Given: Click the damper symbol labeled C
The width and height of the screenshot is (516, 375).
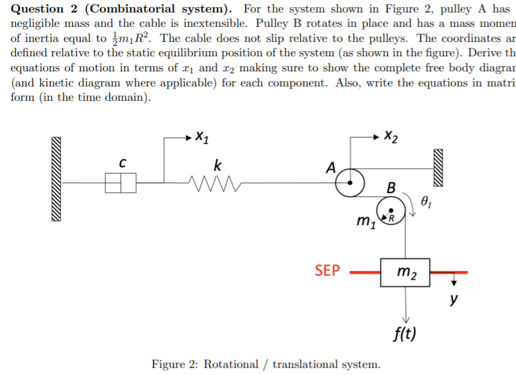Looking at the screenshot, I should (x=121, y=183).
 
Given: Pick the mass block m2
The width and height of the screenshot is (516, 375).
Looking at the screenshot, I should (x=405, y=272).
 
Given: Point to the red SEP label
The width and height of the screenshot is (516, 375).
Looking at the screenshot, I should (x=327, y=270).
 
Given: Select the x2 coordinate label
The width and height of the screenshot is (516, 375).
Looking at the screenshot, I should (x=390, y=137).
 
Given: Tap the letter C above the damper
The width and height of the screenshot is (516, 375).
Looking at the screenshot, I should (x=122, y=162).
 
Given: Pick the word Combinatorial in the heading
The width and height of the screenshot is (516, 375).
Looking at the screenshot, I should (x=130, y=9).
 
